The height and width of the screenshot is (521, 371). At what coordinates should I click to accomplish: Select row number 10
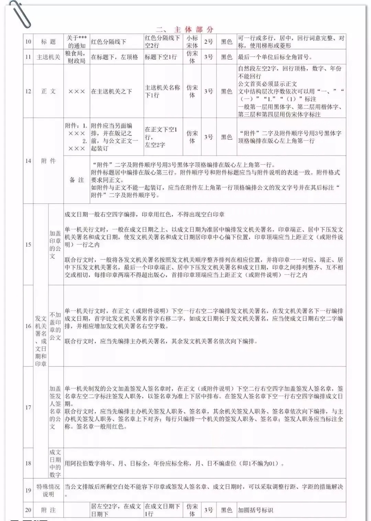28,42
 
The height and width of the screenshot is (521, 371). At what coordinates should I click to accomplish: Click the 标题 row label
48,42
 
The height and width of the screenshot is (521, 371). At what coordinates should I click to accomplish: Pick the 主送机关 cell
48,57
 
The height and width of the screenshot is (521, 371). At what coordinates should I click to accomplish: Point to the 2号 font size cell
209,42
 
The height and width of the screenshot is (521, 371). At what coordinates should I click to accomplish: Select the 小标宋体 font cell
192,42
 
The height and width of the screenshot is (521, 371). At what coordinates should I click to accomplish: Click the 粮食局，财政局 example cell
77,57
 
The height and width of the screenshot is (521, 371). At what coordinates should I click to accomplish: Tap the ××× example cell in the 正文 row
77,91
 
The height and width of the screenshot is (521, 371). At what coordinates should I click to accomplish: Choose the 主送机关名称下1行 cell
162,91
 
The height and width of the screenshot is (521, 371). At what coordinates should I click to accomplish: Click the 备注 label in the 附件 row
77,180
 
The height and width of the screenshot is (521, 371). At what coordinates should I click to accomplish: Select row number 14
28,161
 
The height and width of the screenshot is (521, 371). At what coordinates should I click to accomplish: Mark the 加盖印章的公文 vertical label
55,245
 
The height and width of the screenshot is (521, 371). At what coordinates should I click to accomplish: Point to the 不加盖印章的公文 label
55,326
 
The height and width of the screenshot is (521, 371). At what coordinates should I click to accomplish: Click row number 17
28,407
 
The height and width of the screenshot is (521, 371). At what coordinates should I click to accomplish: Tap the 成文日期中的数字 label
55,463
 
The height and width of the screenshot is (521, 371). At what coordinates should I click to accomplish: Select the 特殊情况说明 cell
48,490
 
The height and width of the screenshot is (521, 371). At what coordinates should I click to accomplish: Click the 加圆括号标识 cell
256,510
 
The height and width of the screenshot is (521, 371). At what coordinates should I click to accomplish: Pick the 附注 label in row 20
48,510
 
